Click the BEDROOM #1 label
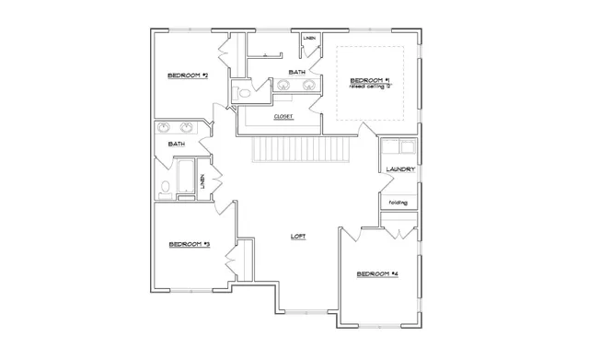coord(370,81)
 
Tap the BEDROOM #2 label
coord(188,75)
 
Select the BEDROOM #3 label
coord(190,244)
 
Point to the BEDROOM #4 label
coord(376,273)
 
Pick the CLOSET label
coord(283,117)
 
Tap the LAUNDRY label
coord(400,169)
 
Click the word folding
coord(398,202)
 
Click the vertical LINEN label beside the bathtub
coord(215,182)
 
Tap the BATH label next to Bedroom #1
coord(296,71)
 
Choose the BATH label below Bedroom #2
coord(177,144)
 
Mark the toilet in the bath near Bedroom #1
coord(243,93)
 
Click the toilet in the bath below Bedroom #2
coord(165,190)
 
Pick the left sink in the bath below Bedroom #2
coord(165,128)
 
